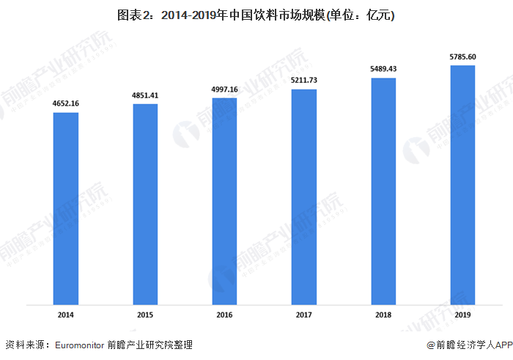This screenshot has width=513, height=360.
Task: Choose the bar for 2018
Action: click(x=383, y=191)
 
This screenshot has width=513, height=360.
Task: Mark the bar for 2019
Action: click(x=462, y=184)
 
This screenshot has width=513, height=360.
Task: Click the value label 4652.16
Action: click(x=66, y=104)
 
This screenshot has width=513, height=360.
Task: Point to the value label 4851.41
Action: click(x=145, y=95)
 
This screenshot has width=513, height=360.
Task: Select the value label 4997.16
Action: click(x=224, y=89)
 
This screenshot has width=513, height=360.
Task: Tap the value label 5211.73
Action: click(x=304, y=81)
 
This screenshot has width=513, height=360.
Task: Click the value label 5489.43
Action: click(x=383, y=69)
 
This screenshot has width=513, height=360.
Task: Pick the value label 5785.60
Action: click(x=462, y=56)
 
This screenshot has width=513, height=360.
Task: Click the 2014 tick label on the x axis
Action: click(x=66, y=315)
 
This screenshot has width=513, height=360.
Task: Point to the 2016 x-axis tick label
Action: click(x=224, y=315)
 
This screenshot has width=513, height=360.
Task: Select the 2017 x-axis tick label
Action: click(x=304, y=315)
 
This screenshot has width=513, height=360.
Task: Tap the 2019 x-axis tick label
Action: click(x=462, y=315)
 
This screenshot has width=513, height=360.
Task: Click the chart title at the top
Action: click(x=256, y=15)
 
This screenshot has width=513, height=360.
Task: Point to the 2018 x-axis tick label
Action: click(x=383, y=315)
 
